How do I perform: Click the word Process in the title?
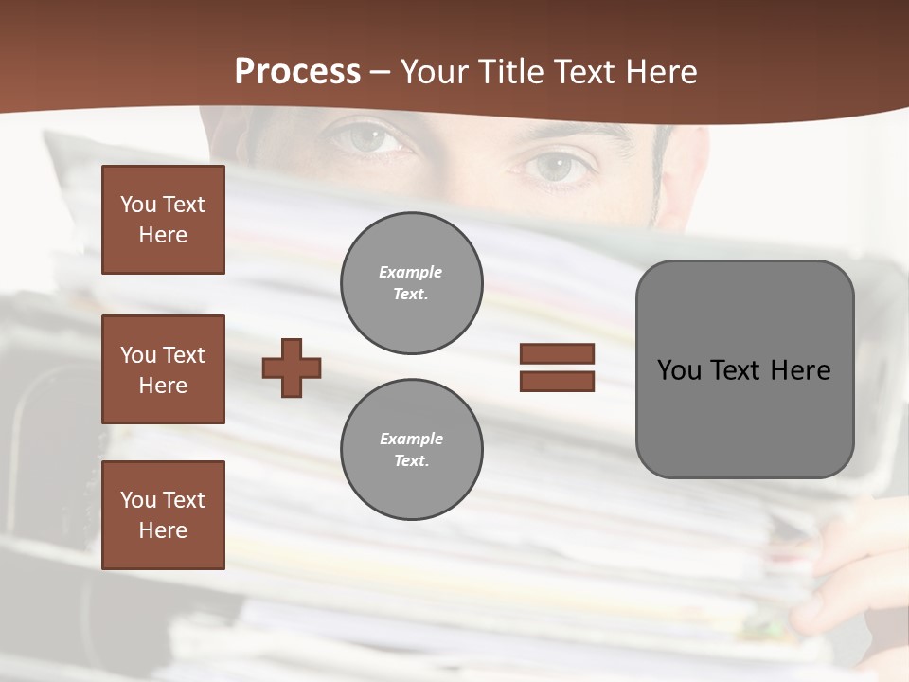[x=297, y=72]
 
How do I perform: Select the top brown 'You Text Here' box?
[x=163, y=220]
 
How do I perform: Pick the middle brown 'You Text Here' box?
[x=163, y=369]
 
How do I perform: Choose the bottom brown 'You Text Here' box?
[x=163, y=515]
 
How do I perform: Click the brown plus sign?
[x=292, y=368]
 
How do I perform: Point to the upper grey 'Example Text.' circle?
[x=411, y=283]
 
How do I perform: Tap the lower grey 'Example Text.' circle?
[x=411, y=449]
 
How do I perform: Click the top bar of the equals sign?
[x=557, y=354]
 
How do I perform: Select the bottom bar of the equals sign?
[x=557, y=381]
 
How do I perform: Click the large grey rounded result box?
[x=744, y=369]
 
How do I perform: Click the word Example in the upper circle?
[x=411, y=272]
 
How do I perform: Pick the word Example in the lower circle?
[x=411, y=439]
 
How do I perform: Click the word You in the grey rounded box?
[x=679, y=370]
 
